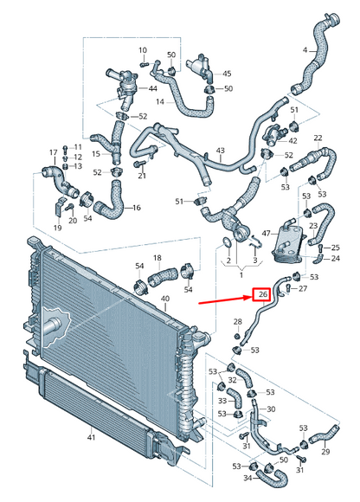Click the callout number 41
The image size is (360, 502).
click(x=91, y=439)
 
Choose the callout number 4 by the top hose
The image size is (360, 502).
click(x=304, y=50)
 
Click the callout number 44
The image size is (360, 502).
click(x=152, y=89)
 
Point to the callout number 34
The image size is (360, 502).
click(x=247, y=478)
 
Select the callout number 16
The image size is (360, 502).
click(x=136, y=209)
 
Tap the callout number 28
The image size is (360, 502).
click(x=236, y=323)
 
